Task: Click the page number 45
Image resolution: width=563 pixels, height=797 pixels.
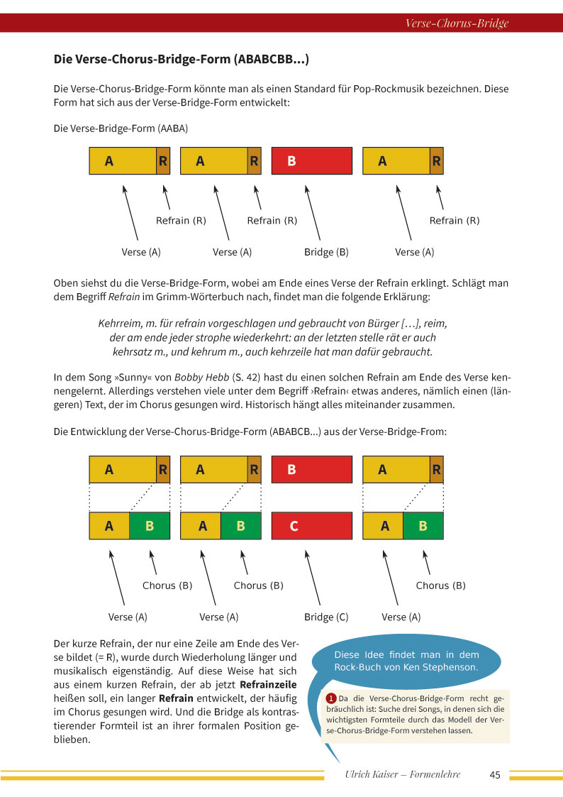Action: coord(495,775)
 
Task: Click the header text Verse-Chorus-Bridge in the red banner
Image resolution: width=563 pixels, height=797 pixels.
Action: coord(457,23)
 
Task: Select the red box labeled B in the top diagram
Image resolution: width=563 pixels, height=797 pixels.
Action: coord(311,161)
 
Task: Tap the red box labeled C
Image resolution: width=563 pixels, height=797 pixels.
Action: coord(311,526)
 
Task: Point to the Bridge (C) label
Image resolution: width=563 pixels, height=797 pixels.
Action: coord(326,617)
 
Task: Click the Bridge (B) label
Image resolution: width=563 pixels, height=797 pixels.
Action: coord(326,252)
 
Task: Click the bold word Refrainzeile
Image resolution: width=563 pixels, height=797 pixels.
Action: coord(269,685)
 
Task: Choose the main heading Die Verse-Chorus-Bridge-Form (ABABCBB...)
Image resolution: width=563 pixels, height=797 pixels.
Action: coord(182,59)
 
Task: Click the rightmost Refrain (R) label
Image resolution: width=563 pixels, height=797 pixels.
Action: coord(455,221)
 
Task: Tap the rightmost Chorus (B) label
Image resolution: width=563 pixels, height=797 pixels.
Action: coord(441,586)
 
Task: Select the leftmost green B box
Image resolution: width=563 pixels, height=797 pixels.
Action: coord(150,526)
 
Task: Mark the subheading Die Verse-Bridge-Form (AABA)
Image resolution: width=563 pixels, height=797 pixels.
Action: coord(121,129)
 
